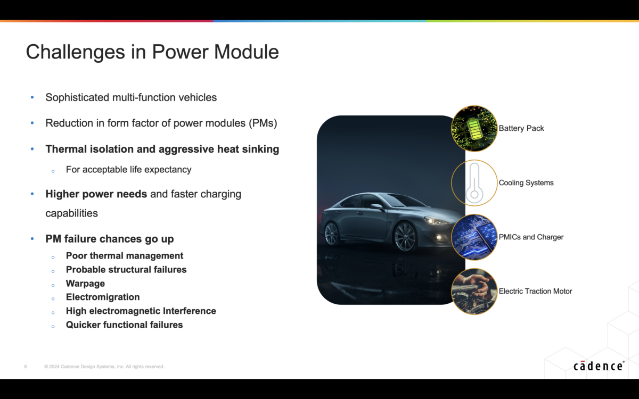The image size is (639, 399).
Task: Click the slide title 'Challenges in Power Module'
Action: (152, 52)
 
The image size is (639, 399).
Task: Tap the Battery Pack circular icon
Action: (474, 128)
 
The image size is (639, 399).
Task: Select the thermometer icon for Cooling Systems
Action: (474, 183)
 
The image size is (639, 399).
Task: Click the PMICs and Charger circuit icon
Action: (474, 237)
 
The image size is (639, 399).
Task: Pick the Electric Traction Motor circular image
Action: (474, 291)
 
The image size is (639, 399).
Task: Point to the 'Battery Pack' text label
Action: (521, 128)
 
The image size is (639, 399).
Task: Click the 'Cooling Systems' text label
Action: (526, 183)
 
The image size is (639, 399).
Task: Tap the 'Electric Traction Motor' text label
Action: (535, 291)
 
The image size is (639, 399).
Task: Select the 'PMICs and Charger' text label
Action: (531, 237)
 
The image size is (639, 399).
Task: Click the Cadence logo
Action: (599, 366)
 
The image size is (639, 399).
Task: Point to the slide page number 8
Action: (26, 367)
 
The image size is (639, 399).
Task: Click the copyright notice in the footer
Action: (104, 367)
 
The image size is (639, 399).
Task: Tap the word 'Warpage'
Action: (85, 284)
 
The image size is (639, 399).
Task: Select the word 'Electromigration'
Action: (103, 297)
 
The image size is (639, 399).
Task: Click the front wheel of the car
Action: (405, 237)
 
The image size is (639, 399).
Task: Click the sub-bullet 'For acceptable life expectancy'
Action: (128, 170)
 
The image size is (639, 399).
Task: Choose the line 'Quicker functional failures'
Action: (124, 325)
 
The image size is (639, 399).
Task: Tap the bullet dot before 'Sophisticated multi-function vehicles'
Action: (32, 98)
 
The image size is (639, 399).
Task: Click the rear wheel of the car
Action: (332, 233)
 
